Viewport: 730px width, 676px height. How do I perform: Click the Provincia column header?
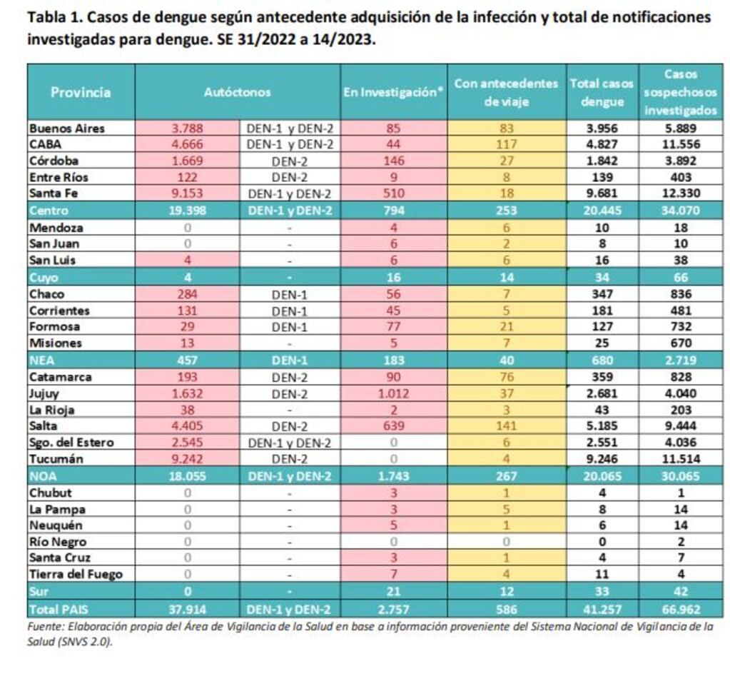[81, 92]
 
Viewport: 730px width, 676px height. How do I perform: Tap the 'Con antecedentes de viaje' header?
[506, 92]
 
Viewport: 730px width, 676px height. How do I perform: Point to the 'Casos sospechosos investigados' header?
[680, 92]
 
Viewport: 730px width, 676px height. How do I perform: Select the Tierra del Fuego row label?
[76, 574]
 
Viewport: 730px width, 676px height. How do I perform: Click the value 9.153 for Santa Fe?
[187, 193]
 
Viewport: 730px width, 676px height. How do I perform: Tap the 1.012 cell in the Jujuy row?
[394, 393]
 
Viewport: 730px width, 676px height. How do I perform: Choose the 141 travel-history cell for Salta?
[506, 426]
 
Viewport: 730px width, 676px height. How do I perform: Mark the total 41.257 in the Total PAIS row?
[602, 610]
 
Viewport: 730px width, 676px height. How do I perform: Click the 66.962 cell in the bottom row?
[680, 610]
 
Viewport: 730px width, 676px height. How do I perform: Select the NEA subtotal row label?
[41, 360]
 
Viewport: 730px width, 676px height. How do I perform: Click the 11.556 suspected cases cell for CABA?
[680, 145]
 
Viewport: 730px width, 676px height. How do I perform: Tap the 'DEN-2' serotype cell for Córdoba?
[289, 161]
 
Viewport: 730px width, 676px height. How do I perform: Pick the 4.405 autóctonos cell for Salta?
[187, 426]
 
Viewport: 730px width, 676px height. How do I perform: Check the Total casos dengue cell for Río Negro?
[602, 542]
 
